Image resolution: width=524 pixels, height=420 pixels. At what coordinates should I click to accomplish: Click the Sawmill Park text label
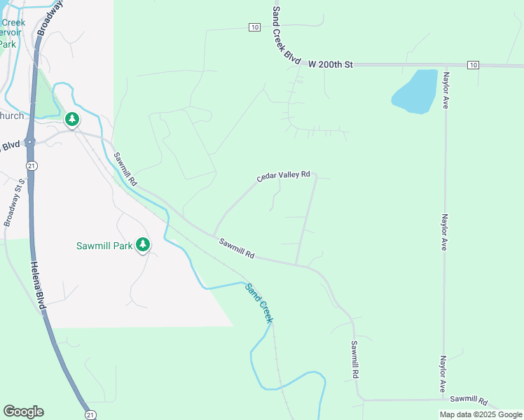(x=104, y=246)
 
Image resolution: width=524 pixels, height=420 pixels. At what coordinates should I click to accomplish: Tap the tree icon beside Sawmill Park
(x=143, y=244)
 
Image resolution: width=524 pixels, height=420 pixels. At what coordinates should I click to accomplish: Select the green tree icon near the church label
(x=72, y=120)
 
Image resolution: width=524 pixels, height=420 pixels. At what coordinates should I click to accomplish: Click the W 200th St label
(x=331, y=64)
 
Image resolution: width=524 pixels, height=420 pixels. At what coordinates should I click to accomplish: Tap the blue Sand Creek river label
(x=258, y=302)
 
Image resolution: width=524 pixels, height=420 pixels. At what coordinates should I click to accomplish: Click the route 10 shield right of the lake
(x=474, y=65)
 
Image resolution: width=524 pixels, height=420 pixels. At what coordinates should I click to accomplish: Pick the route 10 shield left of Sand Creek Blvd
(x=254, y=27)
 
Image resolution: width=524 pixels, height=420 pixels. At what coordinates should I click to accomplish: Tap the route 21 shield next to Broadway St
(x=32, y=164)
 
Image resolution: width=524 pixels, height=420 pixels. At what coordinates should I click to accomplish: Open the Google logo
(x=23, y=412)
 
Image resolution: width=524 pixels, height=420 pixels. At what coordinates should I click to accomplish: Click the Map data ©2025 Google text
(x=480, y=414)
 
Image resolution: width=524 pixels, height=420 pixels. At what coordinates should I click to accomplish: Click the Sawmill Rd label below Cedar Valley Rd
(x=236, y=248)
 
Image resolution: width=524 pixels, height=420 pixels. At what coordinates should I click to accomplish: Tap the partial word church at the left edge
(x=12, y=115)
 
